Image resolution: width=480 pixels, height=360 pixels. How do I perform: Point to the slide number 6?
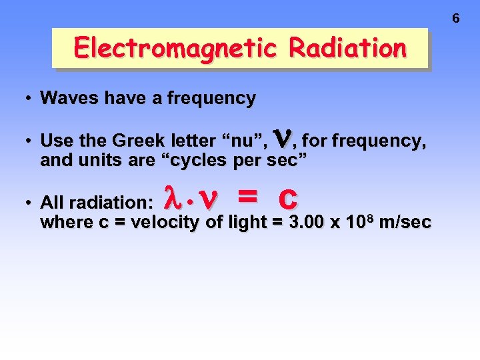(456, 19)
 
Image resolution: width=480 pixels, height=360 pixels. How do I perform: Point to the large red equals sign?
(247, 198)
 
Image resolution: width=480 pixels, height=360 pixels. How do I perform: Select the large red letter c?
(288, 198)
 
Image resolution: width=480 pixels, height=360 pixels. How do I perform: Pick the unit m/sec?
(404, 222)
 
